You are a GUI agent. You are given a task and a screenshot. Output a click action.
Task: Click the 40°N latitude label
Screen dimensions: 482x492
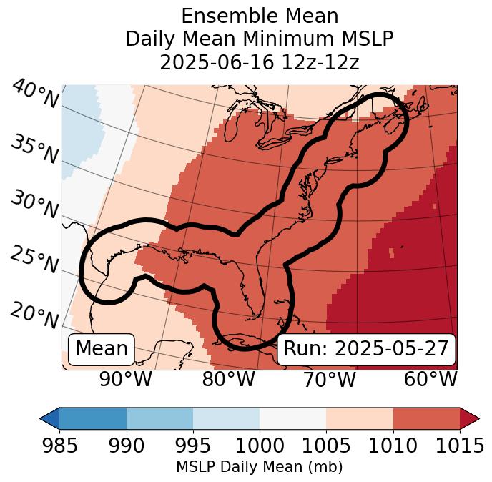coord(34,94)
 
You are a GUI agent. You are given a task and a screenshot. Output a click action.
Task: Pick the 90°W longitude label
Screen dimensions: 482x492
coord(126,379)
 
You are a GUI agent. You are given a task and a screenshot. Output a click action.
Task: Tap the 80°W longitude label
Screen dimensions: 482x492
coord(228,379)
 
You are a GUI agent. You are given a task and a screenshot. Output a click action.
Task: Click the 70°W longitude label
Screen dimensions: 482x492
coord(330,379)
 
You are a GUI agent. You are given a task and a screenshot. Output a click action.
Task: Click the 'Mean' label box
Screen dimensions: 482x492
coord(102,349)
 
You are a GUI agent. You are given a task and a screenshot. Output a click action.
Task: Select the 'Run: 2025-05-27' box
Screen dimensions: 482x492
coord(366,349)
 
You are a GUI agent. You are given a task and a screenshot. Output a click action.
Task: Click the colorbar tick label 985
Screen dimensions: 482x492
coord(59,446)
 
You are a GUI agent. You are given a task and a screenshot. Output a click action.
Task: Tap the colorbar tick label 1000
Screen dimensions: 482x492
coord(260,446)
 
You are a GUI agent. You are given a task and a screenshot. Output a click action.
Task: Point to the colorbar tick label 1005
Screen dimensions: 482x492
coord(326,446)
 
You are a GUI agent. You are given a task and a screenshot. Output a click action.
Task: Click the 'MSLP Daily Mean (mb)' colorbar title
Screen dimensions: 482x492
coord(260,467)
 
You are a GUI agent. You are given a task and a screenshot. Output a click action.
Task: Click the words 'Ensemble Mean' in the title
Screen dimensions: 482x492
coord(260,16)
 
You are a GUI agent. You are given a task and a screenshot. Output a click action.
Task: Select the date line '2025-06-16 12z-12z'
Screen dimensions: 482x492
coord(260,62)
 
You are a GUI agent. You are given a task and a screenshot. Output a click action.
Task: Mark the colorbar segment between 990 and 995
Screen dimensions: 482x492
coord(159,418)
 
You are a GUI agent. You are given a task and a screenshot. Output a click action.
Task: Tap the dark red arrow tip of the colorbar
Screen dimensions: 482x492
coord(470,418)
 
